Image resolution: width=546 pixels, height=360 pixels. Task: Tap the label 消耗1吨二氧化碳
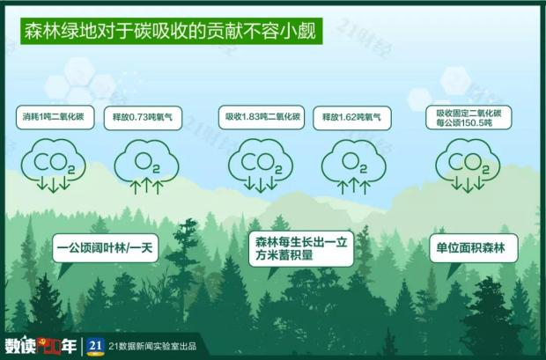tap(54, 116)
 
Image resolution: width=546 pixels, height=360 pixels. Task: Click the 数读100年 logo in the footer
tap(40, 344)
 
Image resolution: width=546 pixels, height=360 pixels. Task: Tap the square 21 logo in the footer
tap(98, 344)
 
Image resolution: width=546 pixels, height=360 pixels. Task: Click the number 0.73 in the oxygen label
tap(143, 116)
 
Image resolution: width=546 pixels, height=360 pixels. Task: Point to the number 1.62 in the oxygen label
tap(354, 116)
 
